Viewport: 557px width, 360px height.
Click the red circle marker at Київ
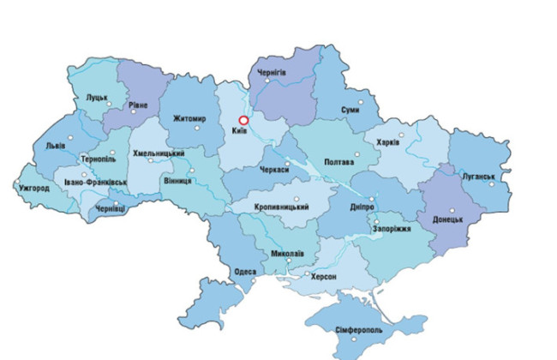coord(243,121)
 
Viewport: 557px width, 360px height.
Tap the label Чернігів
coord(272,76)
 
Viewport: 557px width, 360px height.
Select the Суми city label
coord(350,111)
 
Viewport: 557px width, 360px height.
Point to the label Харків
coord(387,141)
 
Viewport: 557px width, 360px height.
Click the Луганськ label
coord(479,177)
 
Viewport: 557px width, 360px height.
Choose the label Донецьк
coord(446,219)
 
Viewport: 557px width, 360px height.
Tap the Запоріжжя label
coord(392,230)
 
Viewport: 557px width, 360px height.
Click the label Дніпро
coord(361,207)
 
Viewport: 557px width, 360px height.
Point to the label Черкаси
coord(271,171)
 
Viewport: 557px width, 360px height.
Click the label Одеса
coord(245,272)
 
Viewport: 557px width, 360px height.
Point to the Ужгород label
coord(33,188)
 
